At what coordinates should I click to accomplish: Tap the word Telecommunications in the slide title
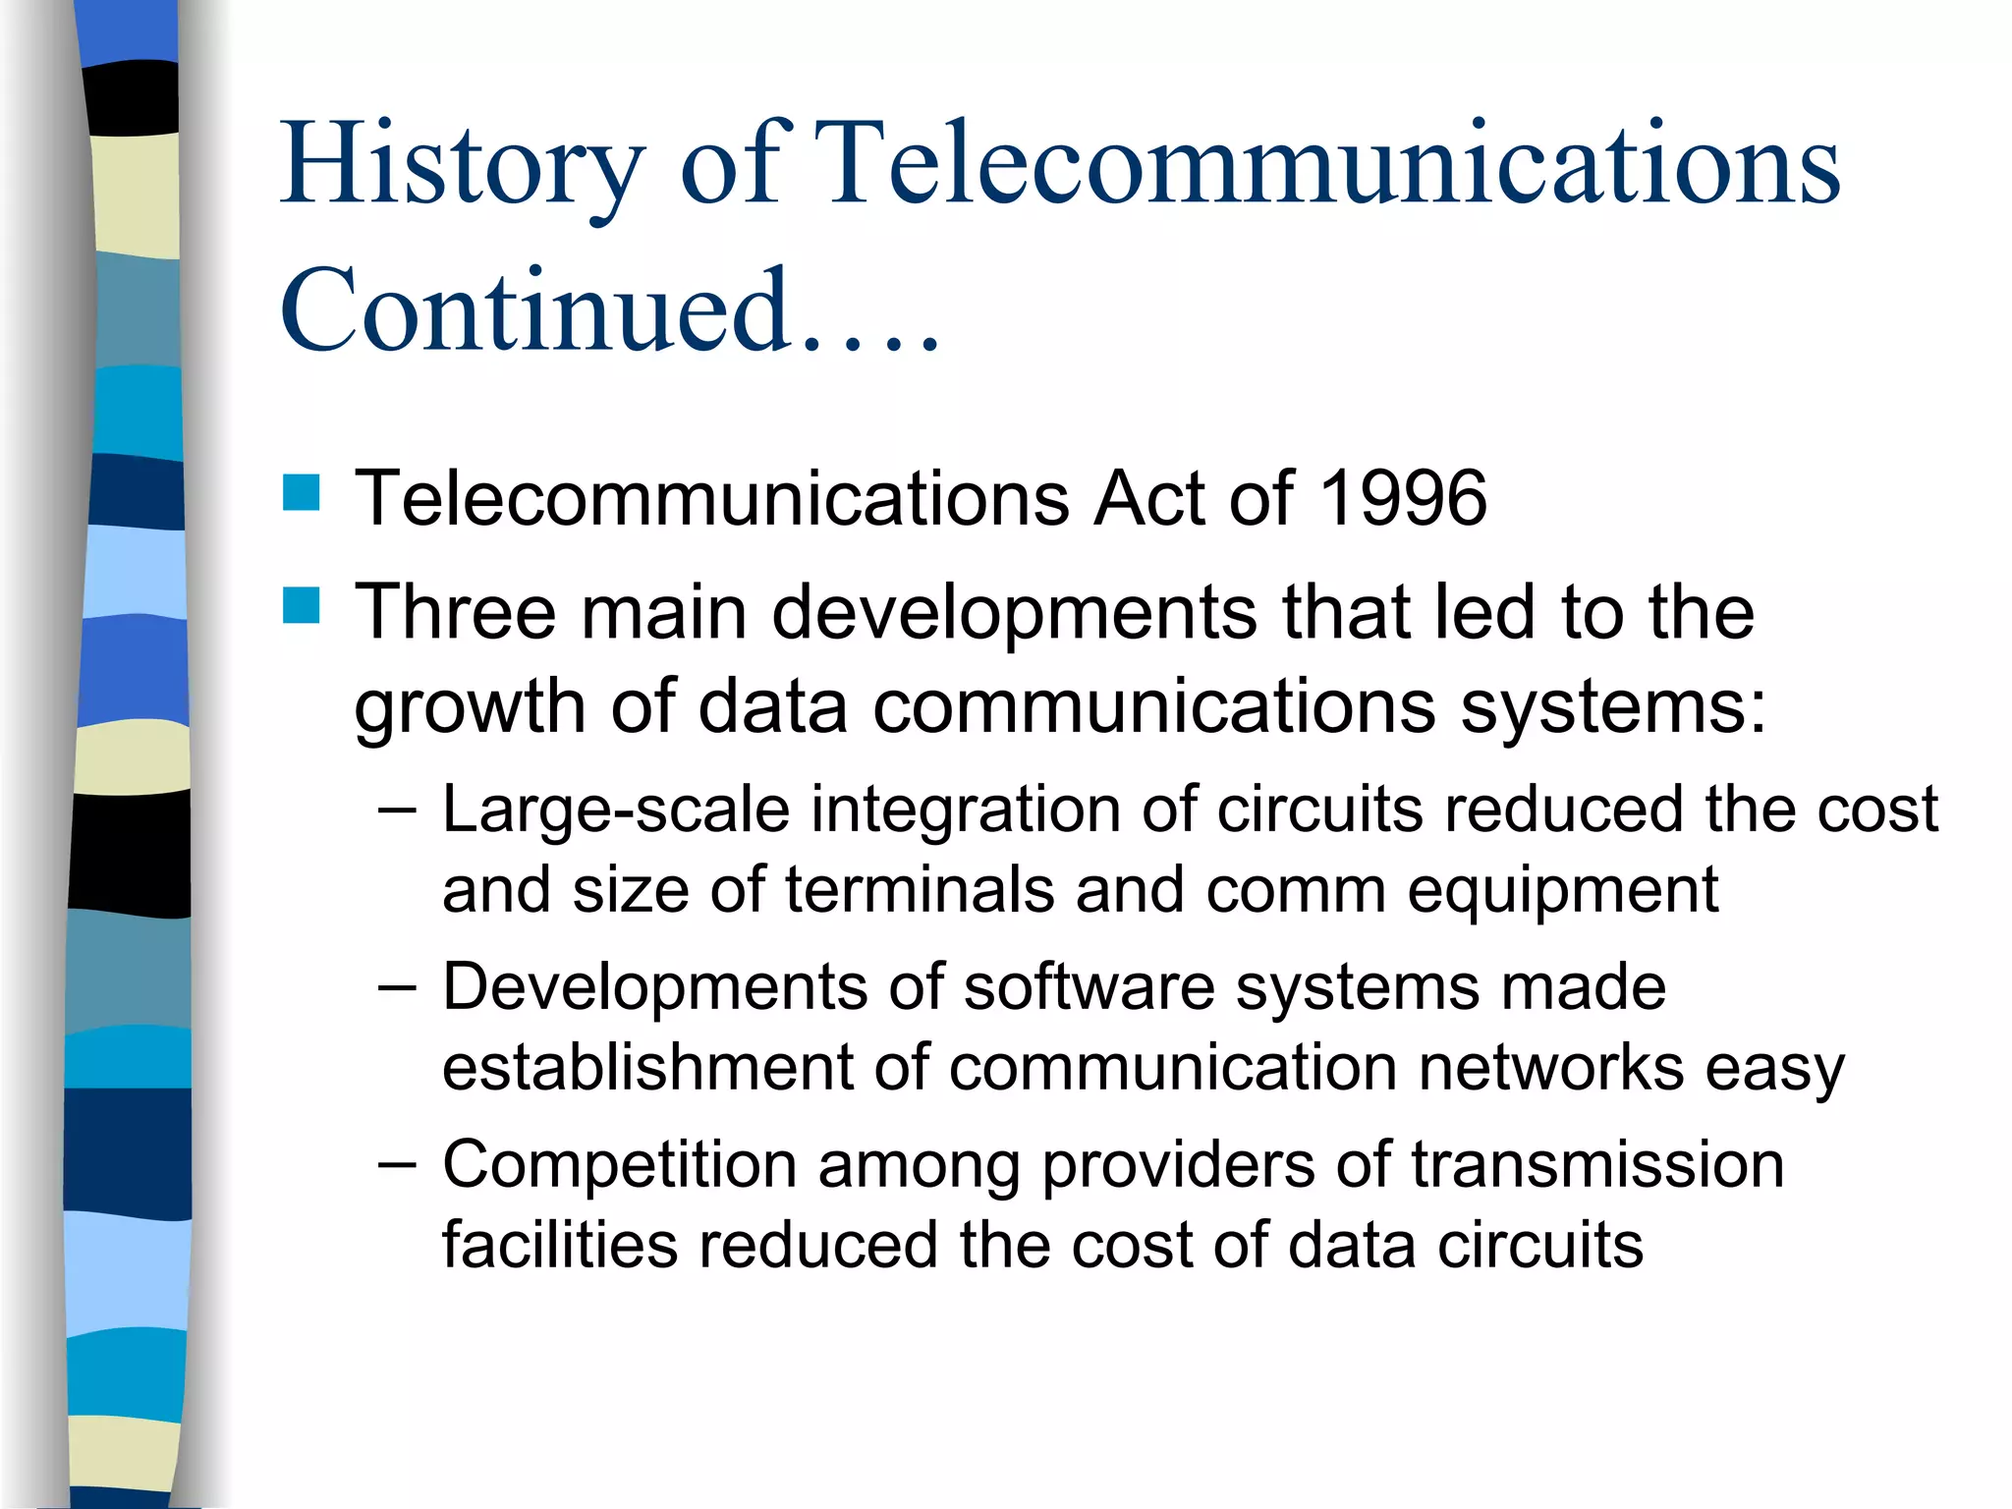(1331, 165)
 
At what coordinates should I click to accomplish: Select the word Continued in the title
(535, 310)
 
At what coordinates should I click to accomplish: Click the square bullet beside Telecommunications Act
(302, 493)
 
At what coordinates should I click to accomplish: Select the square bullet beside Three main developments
(302, 606)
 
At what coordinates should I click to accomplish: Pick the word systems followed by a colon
(1611, 707)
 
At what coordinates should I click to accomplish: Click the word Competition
(619, 1166)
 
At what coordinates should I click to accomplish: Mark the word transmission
(1597, 1166)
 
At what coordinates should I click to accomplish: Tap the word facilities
(560, 1246)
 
